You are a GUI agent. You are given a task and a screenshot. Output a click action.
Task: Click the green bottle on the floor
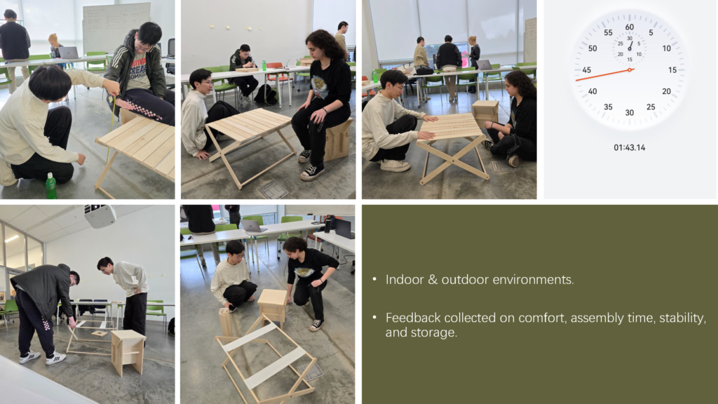coord(50,186)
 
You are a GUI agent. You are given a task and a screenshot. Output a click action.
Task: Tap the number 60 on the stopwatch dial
coord(629,27)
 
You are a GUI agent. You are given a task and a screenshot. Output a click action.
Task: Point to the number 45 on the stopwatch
coord(586,70)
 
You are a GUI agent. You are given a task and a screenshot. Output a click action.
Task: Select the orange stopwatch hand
coord(602,74)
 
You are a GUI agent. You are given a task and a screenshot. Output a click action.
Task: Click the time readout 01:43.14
coord(629,147)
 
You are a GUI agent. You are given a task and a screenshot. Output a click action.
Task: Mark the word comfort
coord(541,318)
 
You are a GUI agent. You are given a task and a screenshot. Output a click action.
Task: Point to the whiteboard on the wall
coord(116,27)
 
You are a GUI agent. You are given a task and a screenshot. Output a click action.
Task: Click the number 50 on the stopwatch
coord(592,48)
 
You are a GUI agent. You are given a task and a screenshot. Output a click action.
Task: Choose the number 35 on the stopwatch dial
coord(608,107)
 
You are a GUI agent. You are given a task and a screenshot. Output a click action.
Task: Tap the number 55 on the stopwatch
coord(608,33)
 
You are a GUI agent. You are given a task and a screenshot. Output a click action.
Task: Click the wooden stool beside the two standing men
coord(127,351)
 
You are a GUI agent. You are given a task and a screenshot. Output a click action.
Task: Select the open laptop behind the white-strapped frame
coord(254,226)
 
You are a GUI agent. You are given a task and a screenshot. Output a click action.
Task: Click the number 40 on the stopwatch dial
coord(592,91)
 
